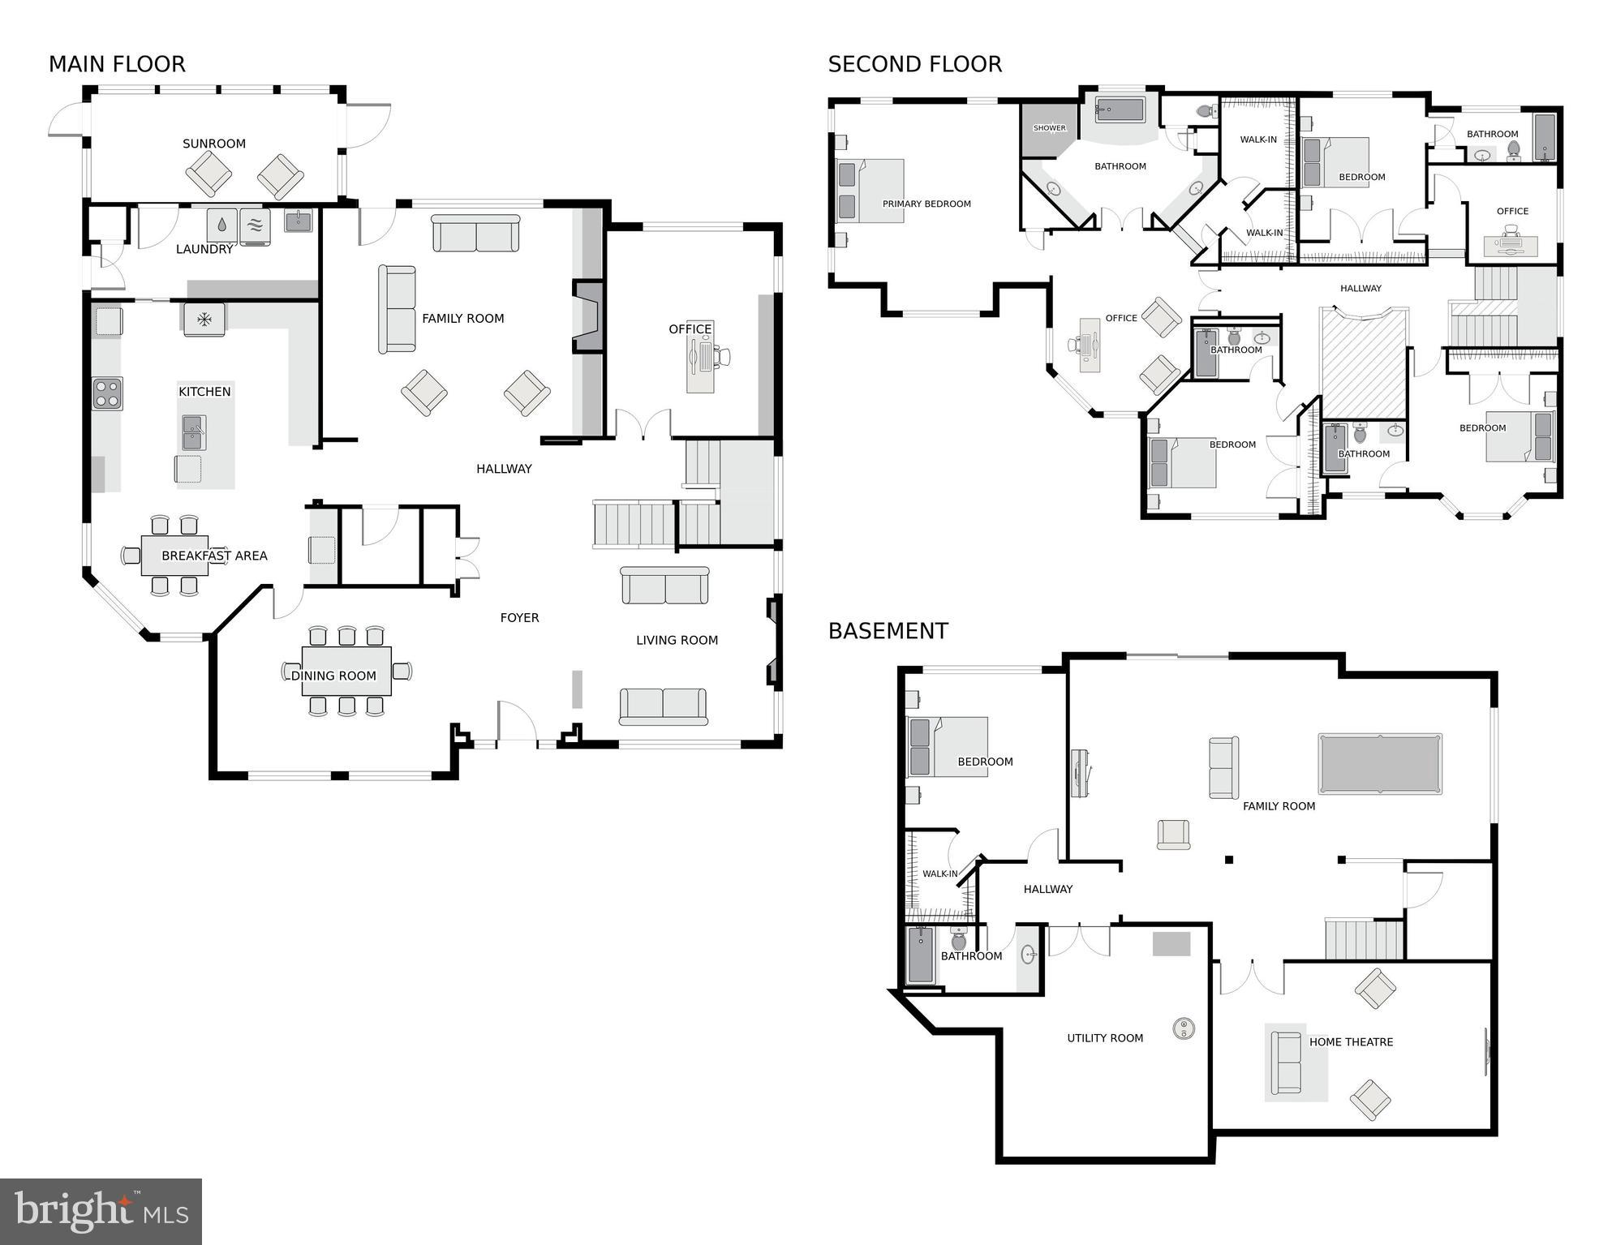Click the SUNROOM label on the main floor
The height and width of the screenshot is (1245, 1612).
pos(213,144)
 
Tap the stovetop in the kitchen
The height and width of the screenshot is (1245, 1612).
pos(107,393)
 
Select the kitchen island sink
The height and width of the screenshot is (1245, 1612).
pos(194,432)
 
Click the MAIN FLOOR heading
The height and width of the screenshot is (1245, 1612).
pos(117,64)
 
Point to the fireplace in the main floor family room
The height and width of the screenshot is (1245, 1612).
pos(589,316)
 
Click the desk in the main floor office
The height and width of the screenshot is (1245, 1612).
pos(700,357)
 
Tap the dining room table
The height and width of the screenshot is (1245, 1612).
pos(346,671)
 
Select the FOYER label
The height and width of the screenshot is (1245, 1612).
pos(519,617)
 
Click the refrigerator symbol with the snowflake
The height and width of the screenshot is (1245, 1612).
pos(204,319)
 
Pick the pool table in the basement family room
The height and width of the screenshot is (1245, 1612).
pos(1380,763)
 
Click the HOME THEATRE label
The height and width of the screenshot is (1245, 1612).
pos(1351,1041)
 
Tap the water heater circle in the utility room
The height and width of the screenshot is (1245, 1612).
pos(1184,1028)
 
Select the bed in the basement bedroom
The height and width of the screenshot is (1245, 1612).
pos(948,747)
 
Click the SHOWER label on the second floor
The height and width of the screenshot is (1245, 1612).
pos(1049,128)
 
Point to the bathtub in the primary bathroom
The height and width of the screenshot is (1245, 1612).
pos(1120,109)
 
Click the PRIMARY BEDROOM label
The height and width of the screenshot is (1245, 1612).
pos(926,204)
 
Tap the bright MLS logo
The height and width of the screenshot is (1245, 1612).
pos(101,1211)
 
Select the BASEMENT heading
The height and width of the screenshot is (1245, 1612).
pos(888,630)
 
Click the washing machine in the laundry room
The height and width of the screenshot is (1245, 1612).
pos(221,225)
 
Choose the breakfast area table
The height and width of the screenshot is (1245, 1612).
pos(174,556)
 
